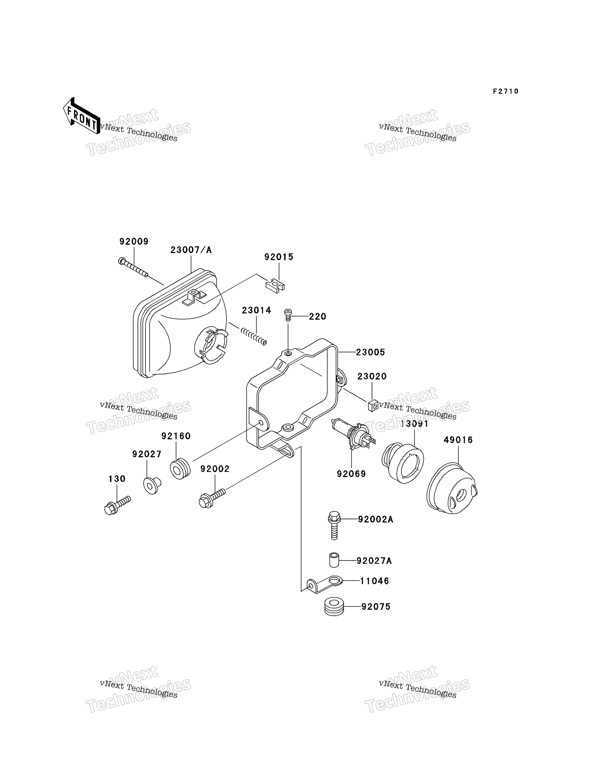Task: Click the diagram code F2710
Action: (506, 91)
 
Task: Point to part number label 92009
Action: (134, 242)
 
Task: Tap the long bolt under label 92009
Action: (133, 267)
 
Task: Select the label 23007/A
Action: (191, 250)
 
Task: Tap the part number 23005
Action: (370, 352)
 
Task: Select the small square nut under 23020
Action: (373, 406)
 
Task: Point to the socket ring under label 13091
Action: (403, 463)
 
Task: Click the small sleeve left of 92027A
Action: (334, 560)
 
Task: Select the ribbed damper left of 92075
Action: (334, 606)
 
